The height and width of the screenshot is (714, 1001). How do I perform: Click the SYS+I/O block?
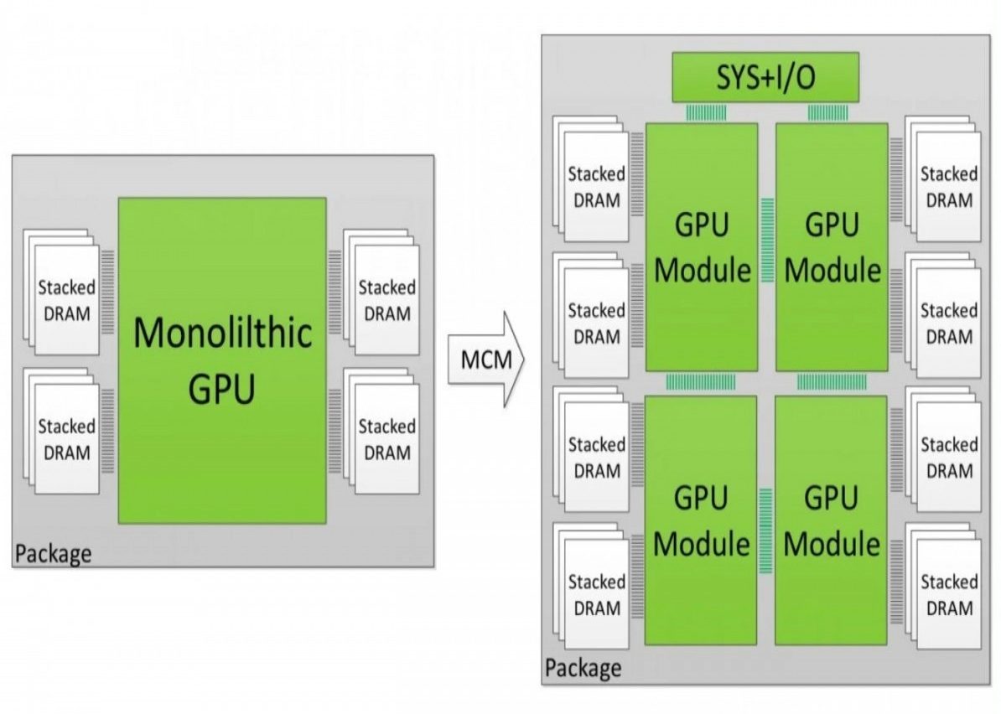click(x=765, y=78)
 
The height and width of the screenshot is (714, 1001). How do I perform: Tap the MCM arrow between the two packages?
click(x=485, y=360)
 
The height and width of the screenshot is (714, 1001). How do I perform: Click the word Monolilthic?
click(x=222, y=334)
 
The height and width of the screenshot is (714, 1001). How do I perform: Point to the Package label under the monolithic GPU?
click(x=53, y=554)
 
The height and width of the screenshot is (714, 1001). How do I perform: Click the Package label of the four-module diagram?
click(x=583, y=668)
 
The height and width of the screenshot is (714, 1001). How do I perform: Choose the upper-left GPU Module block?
click(x=702, y=247)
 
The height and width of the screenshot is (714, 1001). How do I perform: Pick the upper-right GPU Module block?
click(x=832, y=247)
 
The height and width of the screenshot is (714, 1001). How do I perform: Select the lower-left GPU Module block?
click(x=701, y=520)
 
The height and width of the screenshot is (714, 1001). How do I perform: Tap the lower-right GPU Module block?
click(x=832, y=520)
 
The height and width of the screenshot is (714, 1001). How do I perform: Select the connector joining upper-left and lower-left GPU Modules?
click(x=701, y=382)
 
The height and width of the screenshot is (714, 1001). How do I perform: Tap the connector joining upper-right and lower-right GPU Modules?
click(x=831, y=382)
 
